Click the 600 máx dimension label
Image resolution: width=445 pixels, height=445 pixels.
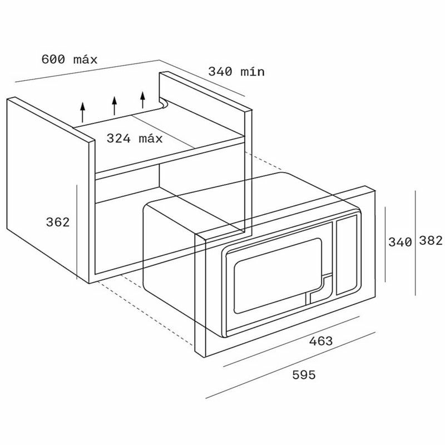pos(70,60)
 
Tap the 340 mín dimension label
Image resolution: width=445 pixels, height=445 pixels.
pos(236,72)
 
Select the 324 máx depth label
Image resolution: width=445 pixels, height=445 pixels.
pos(135,139)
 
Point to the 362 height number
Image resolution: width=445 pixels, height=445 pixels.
pos(58,222)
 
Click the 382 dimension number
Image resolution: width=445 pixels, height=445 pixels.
pos(431,240)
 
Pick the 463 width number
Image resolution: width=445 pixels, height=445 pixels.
pos(321,341)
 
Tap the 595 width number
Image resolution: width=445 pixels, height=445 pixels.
pos(304,375)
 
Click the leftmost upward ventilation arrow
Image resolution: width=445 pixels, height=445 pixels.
pos(82,112)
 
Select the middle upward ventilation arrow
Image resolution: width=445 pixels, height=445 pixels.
pos(115,106)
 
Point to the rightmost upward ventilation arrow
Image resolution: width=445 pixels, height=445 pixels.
pos(143,100)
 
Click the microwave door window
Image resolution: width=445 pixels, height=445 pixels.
pos(278,275)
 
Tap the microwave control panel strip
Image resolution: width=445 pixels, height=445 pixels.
pos(347,255)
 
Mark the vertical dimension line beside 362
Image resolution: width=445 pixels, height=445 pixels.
pos(77,231)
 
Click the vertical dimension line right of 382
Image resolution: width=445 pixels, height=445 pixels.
pos(415,243)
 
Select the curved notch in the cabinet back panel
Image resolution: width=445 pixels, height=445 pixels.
pos(164,104)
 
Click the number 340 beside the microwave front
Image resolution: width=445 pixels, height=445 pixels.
pos(400,242)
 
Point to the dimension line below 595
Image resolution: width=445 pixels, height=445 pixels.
pos(290,365)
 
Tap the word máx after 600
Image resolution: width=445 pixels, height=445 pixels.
pos(85,60)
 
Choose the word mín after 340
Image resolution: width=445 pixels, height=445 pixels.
pos(253,72)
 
